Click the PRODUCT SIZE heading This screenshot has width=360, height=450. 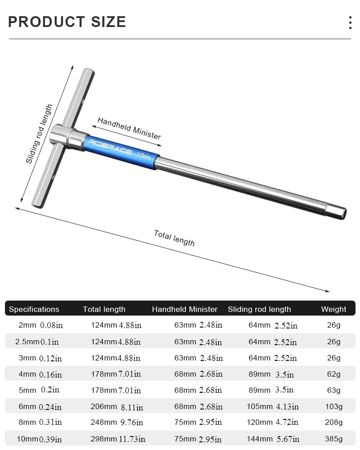point(67,22)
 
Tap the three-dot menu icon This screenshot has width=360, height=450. point(350,22)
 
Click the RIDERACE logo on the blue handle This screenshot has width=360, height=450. point(110,147)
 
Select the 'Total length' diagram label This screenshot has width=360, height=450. point(174,238)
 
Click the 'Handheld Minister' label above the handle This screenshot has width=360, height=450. point(129,128)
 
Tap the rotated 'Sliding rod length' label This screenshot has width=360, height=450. point(39,134)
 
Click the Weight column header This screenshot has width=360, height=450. point(333,309)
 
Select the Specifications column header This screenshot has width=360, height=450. point(34,309)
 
